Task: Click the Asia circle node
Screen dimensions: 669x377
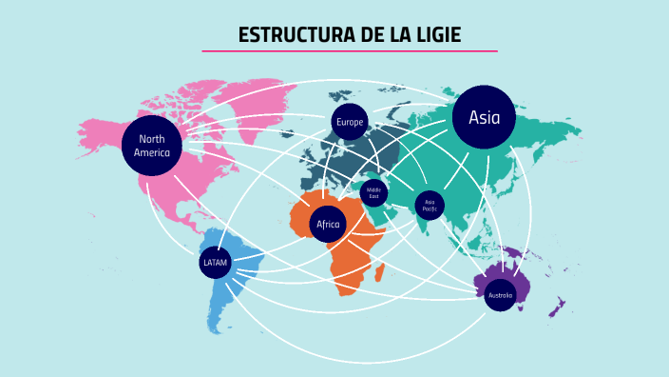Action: (484, 117)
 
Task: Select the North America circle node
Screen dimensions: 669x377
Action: (151, 146)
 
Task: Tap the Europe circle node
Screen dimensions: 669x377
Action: (350, 122)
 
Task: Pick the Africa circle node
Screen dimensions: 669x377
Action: (328, 224)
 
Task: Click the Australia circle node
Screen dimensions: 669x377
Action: (500, 295)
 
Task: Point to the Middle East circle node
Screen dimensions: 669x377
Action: (373, 192)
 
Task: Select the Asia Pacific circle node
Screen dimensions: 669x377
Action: (430, 205)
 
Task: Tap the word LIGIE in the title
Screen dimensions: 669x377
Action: (437, 35)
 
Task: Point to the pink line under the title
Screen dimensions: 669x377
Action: (350, 51)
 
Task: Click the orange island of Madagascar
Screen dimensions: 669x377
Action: (380, 273)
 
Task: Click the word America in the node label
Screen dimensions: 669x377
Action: (151, 152)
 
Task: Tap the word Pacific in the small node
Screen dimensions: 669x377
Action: (430, 208)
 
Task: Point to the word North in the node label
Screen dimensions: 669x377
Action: (151, 139)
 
